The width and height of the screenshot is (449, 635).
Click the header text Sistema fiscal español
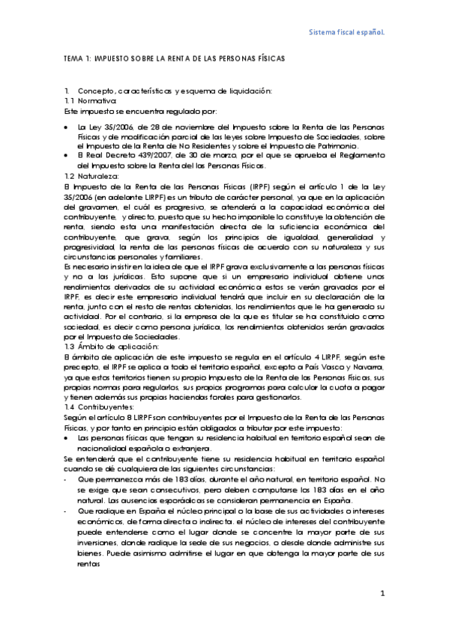pos(348,33)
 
